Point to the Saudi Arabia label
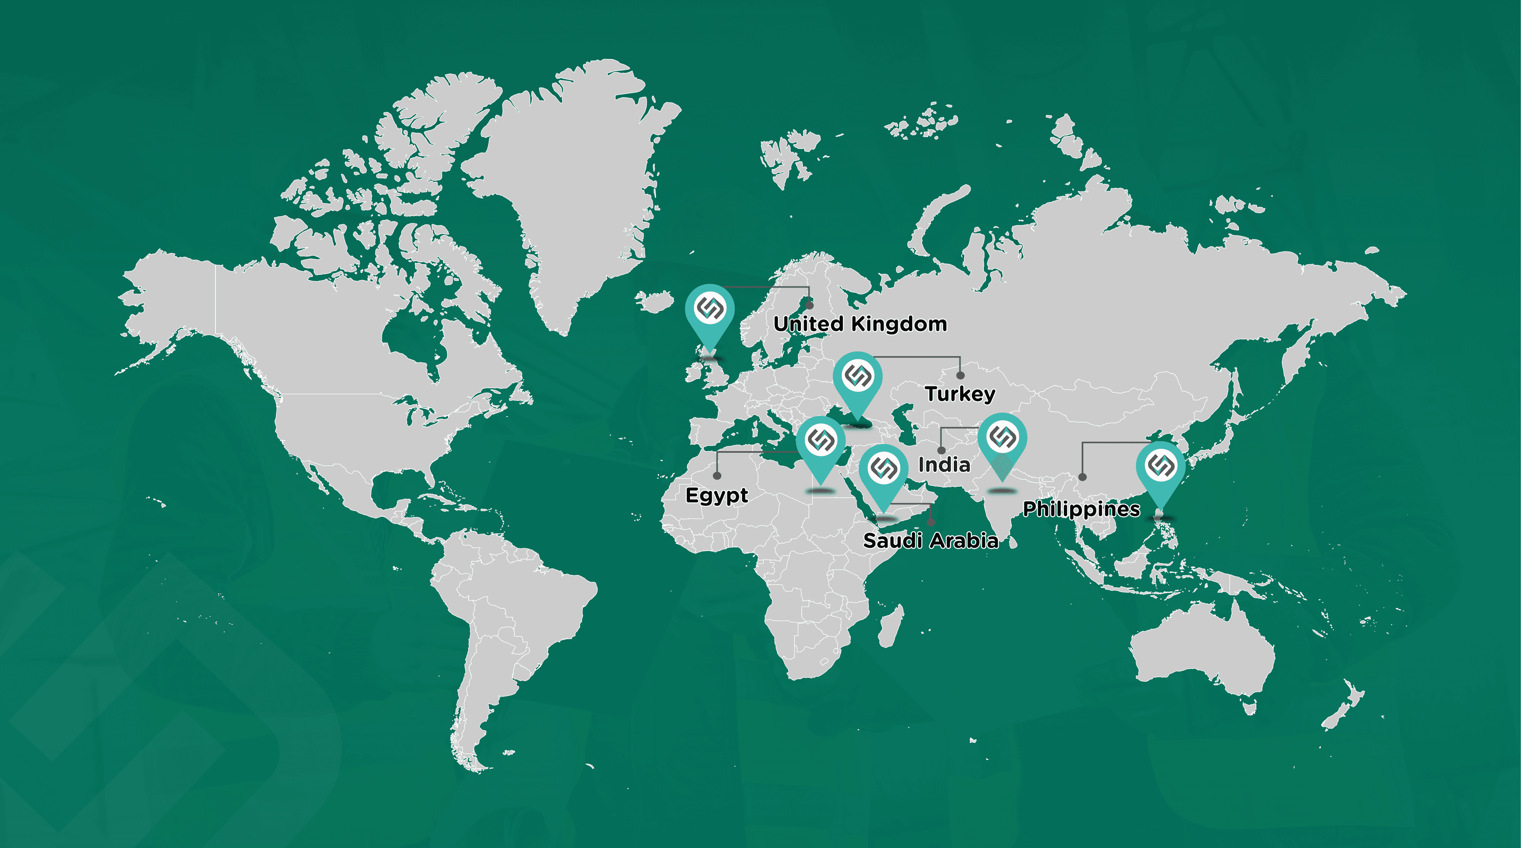[x=930, y=540]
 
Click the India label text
[x=943, y=465]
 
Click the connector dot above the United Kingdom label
[x=810, y=305]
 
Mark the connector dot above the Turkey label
[x=961, y=375]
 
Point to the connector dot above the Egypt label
[x=717, y=475]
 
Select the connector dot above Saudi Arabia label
[x=931, y=522]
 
